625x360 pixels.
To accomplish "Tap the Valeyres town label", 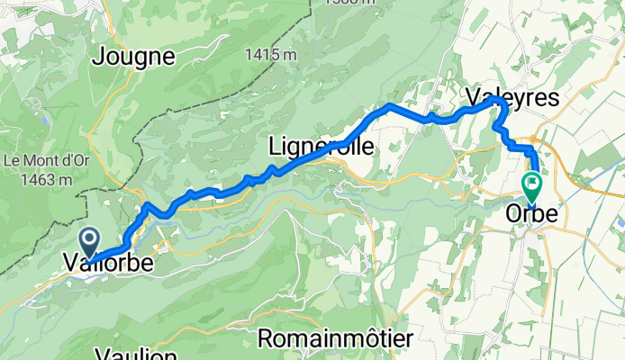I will pos(512,95).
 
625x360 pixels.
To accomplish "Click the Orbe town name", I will pos(530,214).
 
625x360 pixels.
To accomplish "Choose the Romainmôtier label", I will pos(335,338).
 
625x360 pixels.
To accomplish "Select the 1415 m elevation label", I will pos(271,55).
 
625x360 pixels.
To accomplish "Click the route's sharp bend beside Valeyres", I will pos(498,102).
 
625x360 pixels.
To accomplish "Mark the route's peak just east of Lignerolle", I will pos(389,105).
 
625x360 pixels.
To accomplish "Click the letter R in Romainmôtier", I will pos(267,338).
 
